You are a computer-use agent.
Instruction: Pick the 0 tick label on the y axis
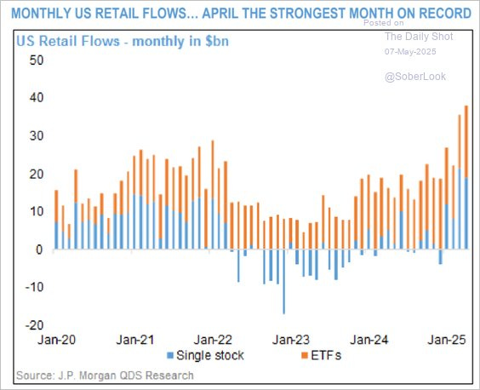(39, 249)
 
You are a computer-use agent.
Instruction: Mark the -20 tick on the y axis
(33, 325)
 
